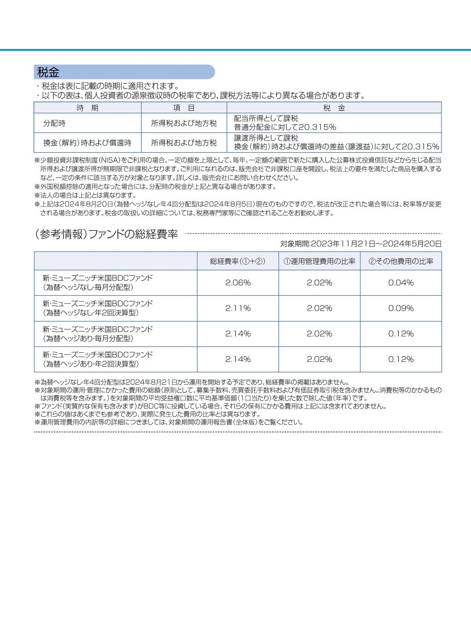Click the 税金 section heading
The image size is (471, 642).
click(48, 72)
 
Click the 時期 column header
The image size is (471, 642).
click(87, 108)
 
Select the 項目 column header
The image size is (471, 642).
click(183, 108)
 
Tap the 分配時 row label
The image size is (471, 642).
click(54, 123)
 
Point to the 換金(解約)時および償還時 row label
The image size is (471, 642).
click(87, 143)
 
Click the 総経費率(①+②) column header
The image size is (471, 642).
click(238, 261)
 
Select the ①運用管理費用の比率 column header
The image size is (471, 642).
click(319, 261)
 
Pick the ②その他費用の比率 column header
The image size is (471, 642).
click(401, 261)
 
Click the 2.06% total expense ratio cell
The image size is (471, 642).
click(238, 283)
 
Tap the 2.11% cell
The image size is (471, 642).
click(238, 308)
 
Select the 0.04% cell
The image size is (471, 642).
click(401, 283)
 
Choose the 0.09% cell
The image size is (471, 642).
click(401, 308)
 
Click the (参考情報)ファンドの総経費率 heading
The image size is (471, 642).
click(106, 234)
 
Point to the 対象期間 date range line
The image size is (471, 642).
click(361, 243)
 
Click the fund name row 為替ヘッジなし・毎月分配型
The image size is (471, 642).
click(98, 282)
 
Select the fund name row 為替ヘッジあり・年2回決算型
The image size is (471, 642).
click(98, 359)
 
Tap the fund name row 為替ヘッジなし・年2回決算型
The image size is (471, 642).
click(98, 308)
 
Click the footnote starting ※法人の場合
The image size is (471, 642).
click(86, 195)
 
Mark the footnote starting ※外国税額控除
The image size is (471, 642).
click(155, 187)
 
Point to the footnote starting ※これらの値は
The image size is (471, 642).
click(148, 414)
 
